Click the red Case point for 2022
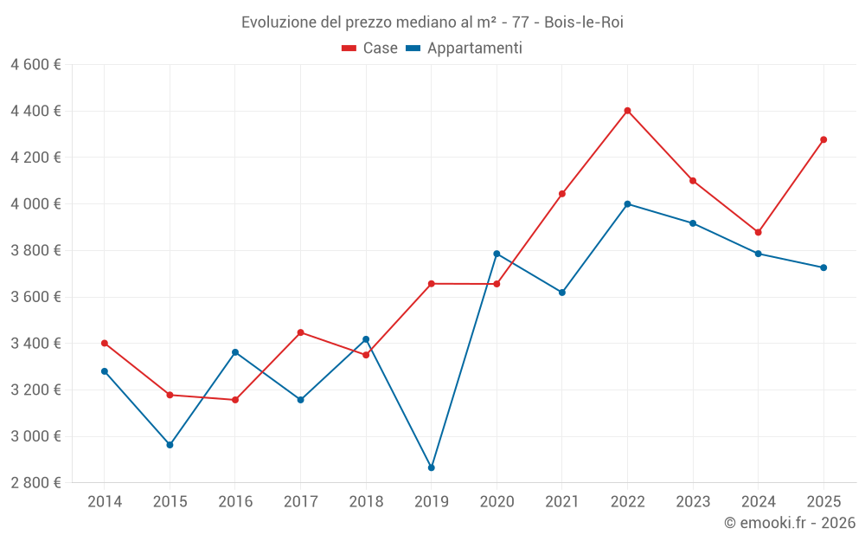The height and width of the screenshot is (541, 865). tap(627, 111)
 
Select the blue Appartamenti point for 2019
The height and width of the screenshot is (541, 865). tap(432, 467)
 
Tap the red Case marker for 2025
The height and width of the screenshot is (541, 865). tap(823, 139)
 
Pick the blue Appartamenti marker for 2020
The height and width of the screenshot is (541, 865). tap(497, 254)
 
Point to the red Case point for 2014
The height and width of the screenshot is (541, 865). tap(105, 343)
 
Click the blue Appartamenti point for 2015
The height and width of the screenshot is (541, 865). tap(170, 445)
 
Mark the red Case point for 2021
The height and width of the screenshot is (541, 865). tap(562, 194)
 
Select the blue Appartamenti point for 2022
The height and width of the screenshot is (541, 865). tap(627, 204)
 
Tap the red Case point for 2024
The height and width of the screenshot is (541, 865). tap(759, 232)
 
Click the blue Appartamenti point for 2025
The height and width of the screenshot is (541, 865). tap(823, 267)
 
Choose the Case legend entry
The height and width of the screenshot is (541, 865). tap(370, 48)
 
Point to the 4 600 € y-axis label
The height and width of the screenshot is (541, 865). tap(35, 65)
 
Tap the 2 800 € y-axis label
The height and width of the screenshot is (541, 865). tap(35, 482)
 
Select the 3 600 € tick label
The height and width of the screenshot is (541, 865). tap(35, 297)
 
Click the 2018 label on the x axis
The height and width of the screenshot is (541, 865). tap(366, 501)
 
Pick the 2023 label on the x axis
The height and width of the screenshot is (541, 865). tap(693, 501)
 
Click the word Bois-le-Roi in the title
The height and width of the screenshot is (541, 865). tap(584, 22)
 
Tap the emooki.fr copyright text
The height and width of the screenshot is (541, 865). tap(790, 523)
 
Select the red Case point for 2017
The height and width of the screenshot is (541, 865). tap(300, 332)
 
